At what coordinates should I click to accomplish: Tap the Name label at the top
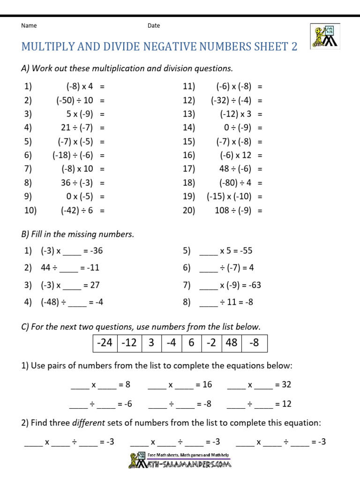pyautogui.click(x=29, y=26)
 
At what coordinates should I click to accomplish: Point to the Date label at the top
pyautogui.click(x=154, y=26)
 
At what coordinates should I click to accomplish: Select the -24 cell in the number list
pyautogui.click(x=104, y=343)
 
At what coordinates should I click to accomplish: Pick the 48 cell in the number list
pyautogui.click(x=231, y=343)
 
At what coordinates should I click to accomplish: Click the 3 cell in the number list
pyautogui.click(x=151, y=343)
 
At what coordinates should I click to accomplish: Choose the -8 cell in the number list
pyautogui.click(x=254, y=343)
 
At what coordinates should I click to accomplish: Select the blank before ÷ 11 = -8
pyautogui.click(x=209, y=303)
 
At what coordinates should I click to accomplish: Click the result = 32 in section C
pyautogui.click(x=283, y=385)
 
